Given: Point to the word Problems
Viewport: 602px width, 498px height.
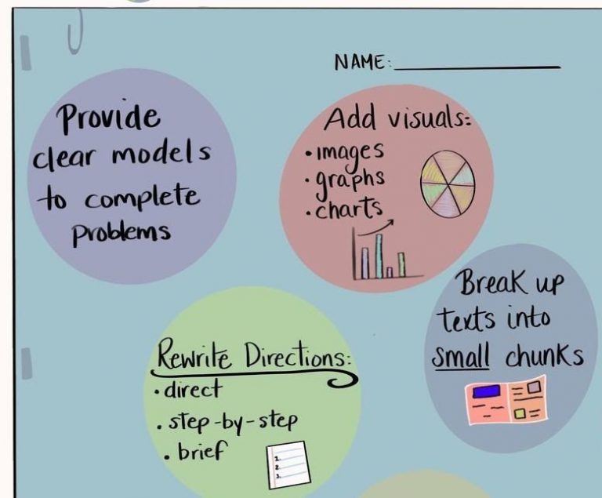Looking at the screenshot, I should click(x=121, y=233).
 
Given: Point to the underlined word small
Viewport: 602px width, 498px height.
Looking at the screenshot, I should click(x=462, y=358).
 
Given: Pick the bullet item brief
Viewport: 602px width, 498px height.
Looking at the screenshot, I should click(x=200, y=451).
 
